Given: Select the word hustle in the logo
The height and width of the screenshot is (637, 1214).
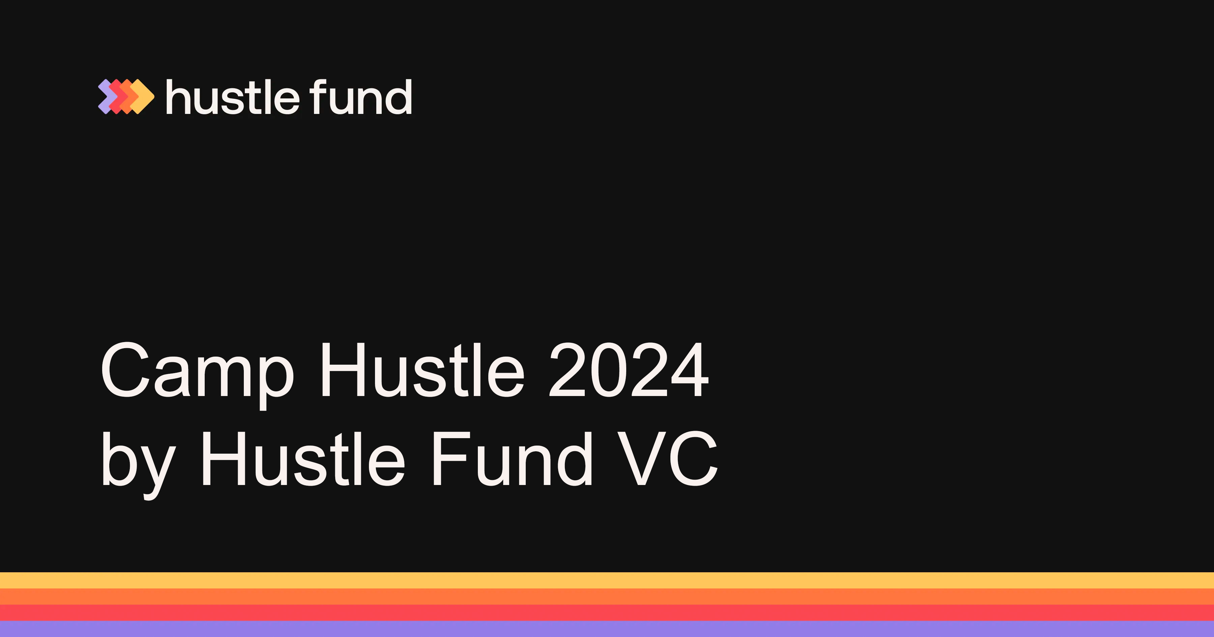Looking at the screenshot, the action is (x=233, y=97).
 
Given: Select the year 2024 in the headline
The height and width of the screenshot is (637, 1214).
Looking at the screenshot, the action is (x=629, y=369).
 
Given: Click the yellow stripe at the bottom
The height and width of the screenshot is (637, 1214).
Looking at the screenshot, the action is (x=607, y=580).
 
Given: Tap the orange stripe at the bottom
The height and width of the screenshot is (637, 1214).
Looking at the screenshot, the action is (x=607, y=597).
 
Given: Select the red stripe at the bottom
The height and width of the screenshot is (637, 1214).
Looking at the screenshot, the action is (x=607, y=612).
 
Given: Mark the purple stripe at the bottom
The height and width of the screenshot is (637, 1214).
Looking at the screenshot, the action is (x=607, y=629).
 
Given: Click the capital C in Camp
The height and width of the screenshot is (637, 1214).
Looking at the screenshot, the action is (x=125, y=369).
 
